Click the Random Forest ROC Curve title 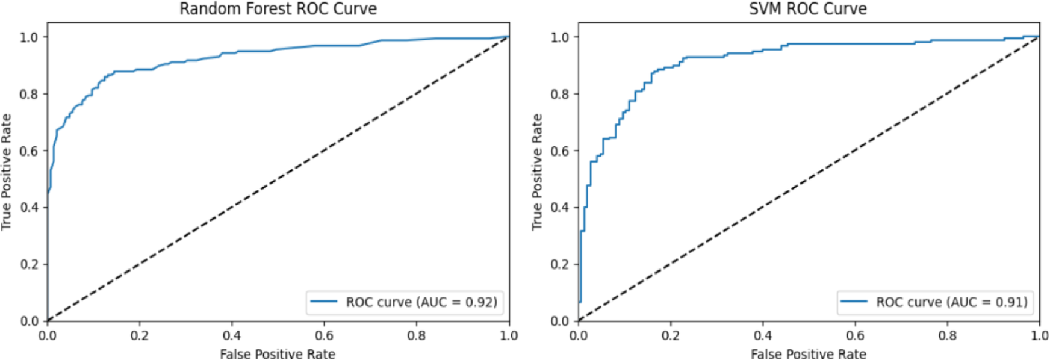tap(278, 9)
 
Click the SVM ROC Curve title tap(808, 9)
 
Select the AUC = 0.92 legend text tap(421, 302)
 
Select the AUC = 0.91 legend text tap(952, 302)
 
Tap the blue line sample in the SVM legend tap(854, 302)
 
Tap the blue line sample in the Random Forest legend tap(323, 302)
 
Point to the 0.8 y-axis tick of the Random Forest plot tap(29, 94)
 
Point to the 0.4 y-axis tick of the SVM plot tap(559, 207)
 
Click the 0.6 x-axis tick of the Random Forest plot tap(324, 335)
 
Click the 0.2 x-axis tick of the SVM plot tap(671, 335)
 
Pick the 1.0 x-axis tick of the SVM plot tap(1039, 335)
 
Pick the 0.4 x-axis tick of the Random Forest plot tap(232, 335)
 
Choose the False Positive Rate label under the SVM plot tap(808, 354)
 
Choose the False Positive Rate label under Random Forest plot tap(278, 354)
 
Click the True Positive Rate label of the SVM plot tap(537, 172)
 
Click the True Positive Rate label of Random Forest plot tap(7, 172)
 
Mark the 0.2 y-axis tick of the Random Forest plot tap(29, 264)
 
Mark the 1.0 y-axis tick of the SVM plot tap(559, 37)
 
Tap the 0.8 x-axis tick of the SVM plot tap(947, 335)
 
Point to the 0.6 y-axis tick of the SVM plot tap(559, 151)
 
